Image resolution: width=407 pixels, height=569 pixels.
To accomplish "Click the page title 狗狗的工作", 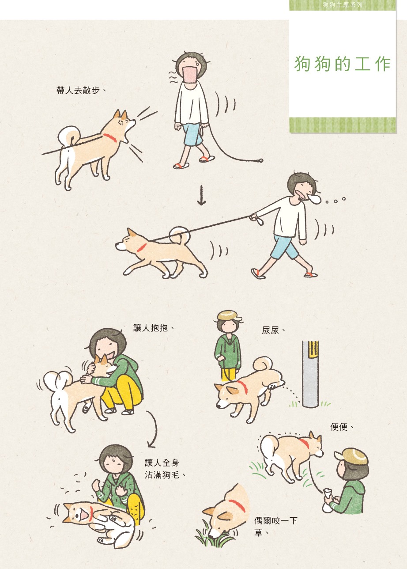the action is [x=343, y=64].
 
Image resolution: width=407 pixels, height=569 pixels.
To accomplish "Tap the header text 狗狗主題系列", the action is [x=343, y=5].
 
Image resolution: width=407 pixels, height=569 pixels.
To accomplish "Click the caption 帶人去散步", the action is [x=81, y=90].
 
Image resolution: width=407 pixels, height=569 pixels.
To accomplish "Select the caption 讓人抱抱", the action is [x=154, y=328].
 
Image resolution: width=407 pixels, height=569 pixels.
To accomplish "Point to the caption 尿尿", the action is [x=273, y=330].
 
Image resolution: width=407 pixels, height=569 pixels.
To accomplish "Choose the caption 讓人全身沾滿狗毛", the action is [x=165, y=469].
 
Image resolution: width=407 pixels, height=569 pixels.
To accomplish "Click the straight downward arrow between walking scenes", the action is [x=201, y=195].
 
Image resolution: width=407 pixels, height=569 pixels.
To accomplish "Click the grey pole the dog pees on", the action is [x=310, y=374].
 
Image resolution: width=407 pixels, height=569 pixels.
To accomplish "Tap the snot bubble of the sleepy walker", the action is [x=314, y=199].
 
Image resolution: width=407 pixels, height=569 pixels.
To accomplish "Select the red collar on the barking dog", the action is [x=110, y=138].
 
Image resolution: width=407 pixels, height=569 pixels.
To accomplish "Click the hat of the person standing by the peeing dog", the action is [x=229, y=315].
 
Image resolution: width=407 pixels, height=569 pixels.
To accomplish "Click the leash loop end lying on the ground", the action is [x=260, y=160].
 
